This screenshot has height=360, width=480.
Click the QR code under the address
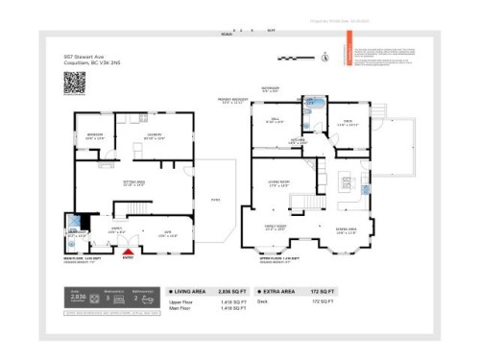75,84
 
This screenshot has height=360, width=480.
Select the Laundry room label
153,133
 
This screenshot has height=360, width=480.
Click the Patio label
214,200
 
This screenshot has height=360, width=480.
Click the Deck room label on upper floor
348,121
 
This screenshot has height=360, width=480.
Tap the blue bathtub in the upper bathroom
310,100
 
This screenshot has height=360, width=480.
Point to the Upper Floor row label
181,301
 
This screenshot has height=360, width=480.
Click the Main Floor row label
180,309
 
